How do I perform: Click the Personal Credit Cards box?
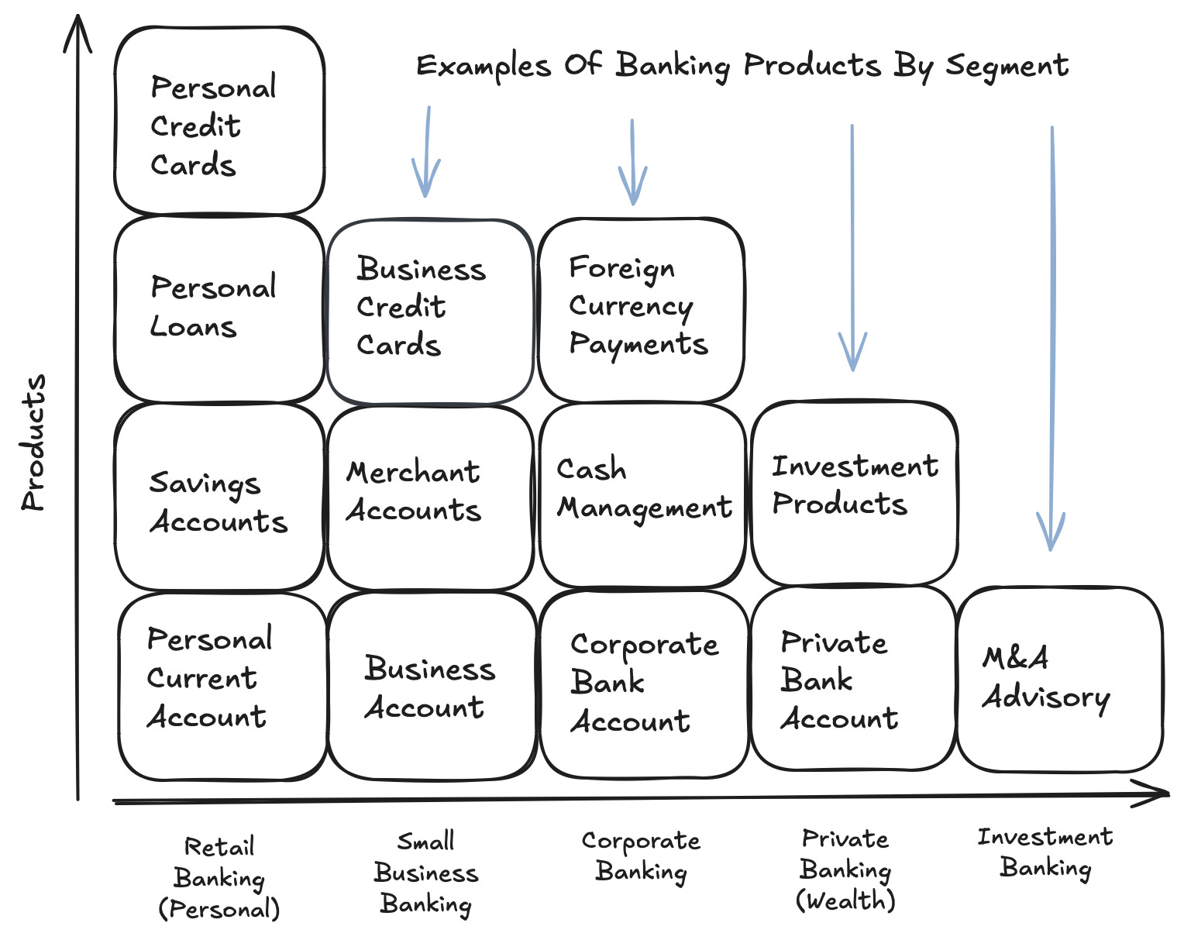tap(219, 122)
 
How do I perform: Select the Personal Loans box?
tap(219, 308)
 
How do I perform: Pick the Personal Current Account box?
tap(222, 686)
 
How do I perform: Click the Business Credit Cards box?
tap(430, 312)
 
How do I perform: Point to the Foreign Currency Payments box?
tap(641, 310)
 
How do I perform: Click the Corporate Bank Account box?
tap(644, 684)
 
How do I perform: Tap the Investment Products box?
tap(854, 492)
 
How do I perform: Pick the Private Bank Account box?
tap(852, 680)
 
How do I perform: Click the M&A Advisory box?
tap(1059, 680)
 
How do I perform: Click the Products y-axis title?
tap(34, 443)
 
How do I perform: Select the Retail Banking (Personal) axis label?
tap(219, 878)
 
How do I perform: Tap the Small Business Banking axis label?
tap(426, 873)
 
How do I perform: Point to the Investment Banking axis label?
tap(1045, 852)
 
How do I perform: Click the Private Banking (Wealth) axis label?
tap(845, 869)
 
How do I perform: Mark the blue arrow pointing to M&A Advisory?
tap(1051, 341)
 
